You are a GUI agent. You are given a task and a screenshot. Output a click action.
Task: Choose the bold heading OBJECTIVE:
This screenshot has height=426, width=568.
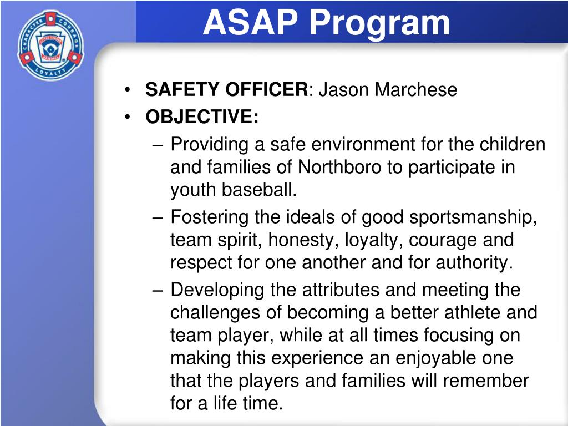[x=202, y=116]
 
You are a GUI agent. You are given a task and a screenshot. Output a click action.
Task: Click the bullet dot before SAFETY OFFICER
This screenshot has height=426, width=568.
[x=128, y=90]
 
